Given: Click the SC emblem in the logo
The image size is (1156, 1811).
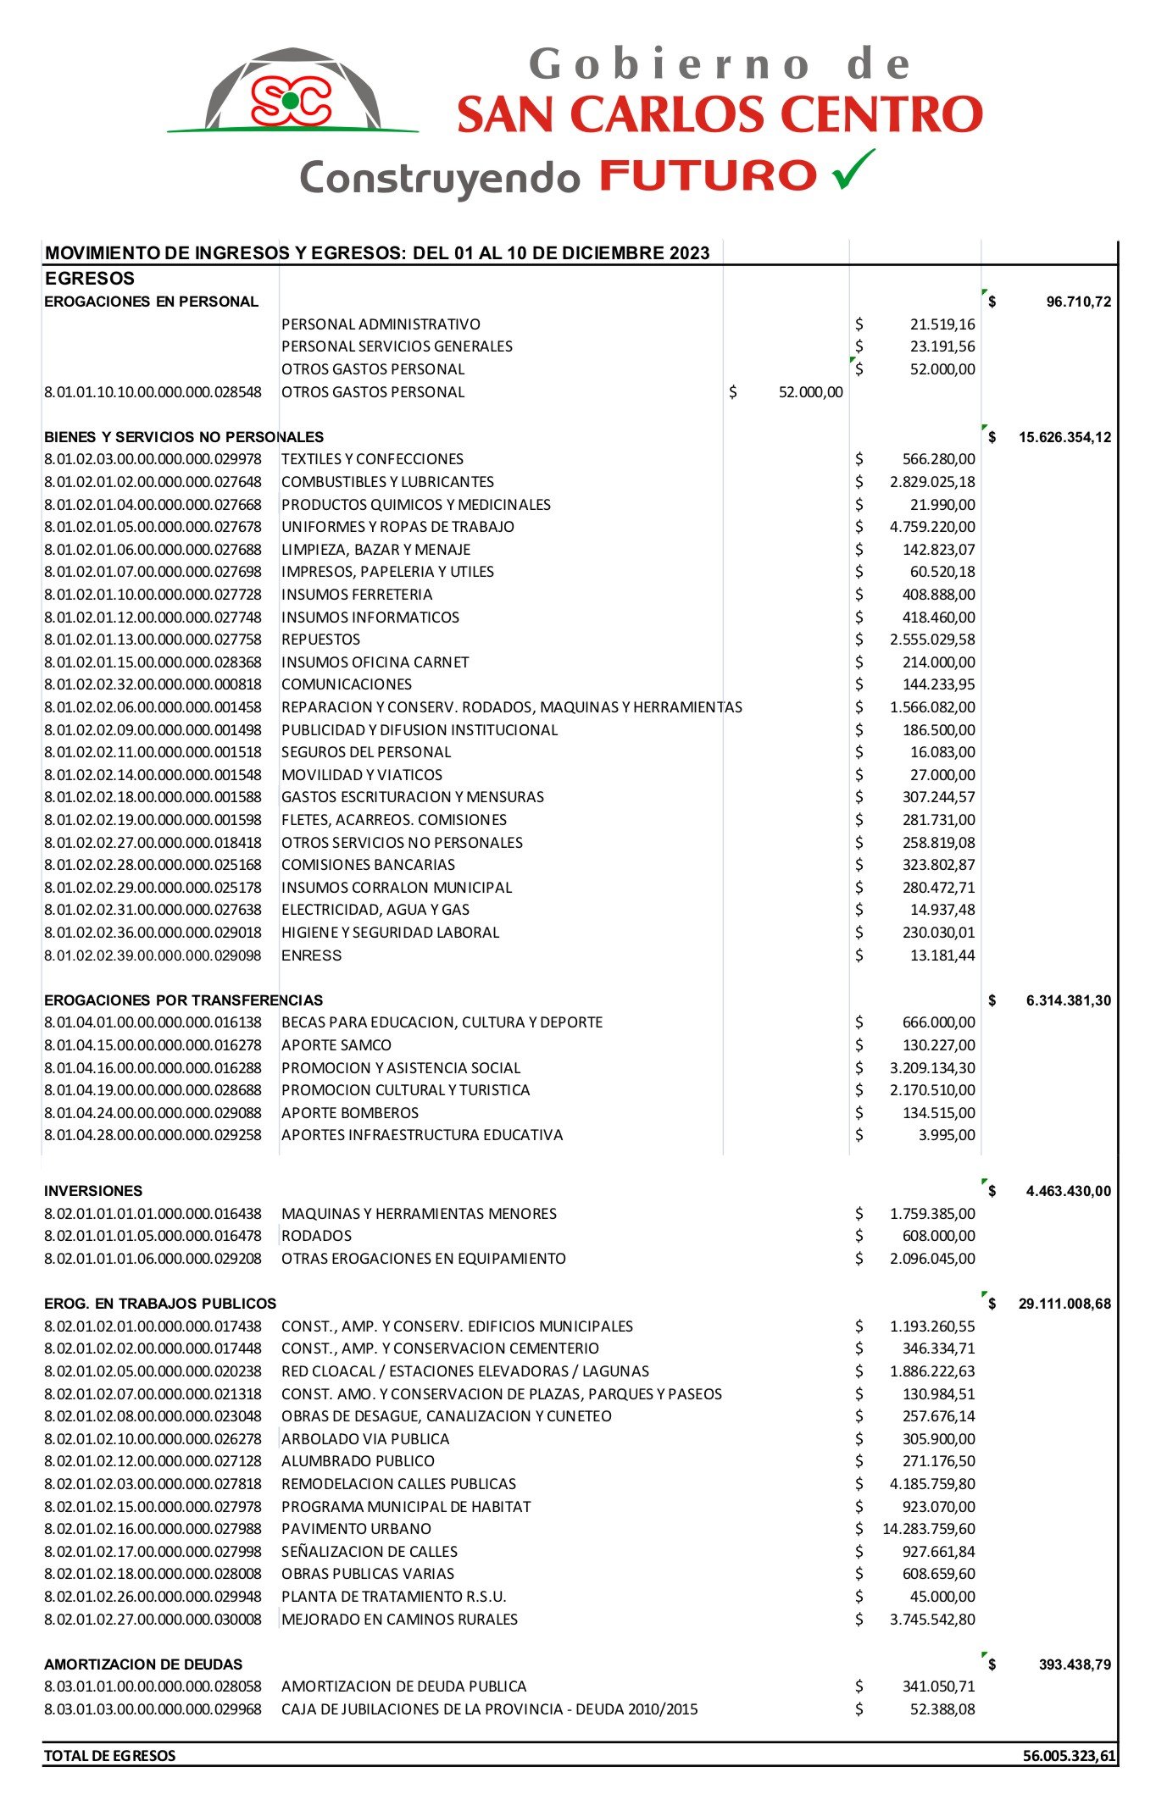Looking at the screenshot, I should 291,100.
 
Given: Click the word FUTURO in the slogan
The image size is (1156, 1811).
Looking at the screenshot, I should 708,176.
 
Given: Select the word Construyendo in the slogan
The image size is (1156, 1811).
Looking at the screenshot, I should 440,178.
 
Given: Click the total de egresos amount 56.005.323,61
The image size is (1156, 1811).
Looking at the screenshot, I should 1069,1755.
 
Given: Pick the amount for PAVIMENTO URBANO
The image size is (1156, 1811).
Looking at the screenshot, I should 928,1528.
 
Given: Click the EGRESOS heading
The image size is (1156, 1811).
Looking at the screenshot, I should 90,279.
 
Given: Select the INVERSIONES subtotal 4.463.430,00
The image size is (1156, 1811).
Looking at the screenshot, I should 1068,1191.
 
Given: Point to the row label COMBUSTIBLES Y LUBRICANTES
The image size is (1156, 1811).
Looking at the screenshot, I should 387,482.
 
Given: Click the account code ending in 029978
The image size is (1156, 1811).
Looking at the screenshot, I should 153,459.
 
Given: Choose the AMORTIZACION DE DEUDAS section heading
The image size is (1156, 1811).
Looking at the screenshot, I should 143,1664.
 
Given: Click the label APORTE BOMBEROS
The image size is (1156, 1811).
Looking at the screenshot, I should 350,1112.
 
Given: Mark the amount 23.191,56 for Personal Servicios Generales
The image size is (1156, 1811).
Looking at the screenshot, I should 942,346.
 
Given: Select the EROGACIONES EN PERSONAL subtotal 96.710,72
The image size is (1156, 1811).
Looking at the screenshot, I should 1078,302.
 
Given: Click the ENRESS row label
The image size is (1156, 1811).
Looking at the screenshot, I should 312,955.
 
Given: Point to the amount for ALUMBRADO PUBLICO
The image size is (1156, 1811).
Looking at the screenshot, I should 938,1461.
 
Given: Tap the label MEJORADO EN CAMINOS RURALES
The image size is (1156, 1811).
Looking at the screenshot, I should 399,1619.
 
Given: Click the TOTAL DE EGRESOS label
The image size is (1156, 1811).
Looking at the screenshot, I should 110,1755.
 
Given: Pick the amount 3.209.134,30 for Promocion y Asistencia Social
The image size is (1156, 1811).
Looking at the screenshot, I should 932,1067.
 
